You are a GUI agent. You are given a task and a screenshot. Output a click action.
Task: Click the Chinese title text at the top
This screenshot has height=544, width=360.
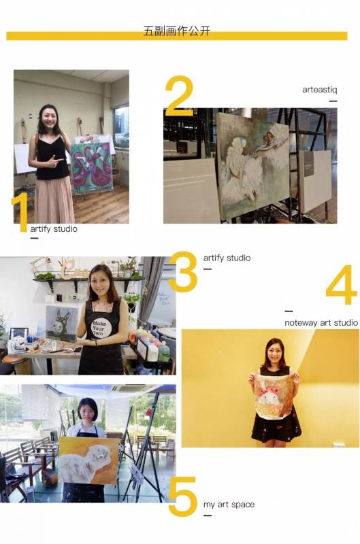pos(177,31)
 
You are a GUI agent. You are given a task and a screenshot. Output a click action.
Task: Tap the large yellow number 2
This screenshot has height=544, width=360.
pos(179,96)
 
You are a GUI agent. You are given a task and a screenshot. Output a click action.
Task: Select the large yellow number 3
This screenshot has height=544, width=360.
pos(183,271)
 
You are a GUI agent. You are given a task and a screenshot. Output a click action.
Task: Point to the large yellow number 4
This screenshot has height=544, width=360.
pos(342,284)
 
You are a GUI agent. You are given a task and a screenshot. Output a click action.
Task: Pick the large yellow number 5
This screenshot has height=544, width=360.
pos(182,496)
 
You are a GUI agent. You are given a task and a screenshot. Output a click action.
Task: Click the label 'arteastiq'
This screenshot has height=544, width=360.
pos(319,90)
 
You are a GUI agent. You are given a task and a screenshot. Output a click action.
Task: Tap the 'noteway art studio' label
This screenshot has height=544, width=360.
pos(321,322)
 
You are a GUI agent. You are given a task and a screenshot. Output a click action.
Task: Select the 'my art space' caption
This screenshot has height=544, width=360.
pos(229,505)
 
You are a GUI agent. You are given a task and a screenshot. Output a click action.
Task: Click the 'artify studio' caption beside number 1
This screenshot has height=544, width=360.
pos(54,229)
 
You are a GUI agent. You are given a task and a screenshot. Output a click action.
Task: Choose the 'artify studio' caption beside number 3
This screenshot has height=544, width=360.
pos(227,258)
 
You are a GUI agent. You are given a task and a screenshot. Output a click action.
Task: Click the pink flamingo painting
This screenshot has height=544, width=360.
pos(92,167)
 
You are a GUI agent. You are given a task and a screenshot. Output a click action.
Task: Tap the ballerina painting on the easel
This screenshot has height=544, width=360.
pos(253,166)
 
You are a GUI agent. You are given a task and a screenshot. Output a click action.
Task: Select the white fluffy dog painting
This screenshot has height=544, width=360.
pos(85,460)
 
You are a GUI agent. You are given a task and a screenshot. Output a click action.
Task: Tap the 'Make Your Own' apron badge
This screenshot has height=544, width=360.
pos(101,328)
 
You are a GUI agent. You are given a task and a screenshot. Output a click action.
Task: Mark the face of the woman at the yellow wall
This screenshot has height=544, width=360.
pos(274,352)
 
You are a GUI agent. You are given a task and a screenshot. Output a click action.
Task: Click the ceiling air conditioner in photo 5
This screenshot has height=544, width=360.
pos(133,388)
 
